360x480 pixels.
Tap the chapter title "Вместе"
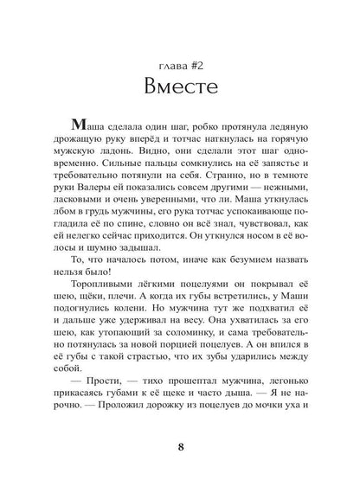179,87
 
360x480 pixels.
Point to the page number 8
179,447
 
